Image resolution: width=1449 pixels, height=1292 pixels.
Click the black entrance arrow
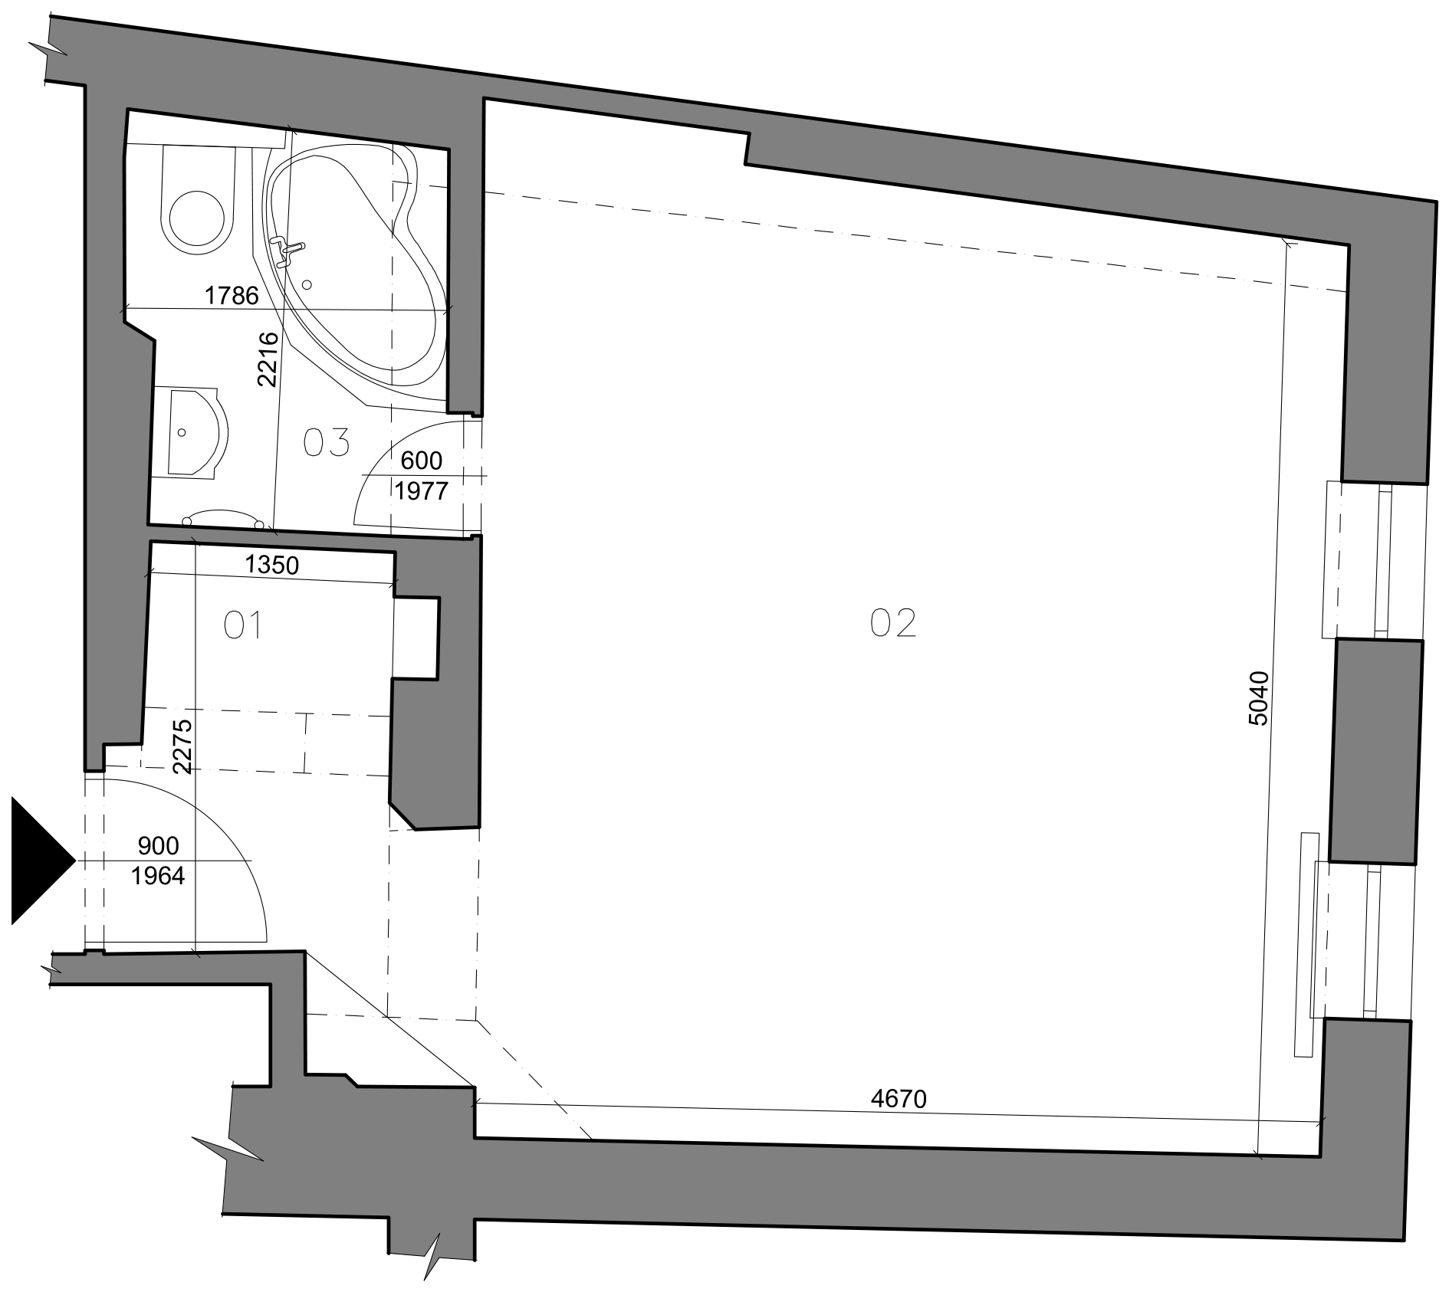coord(38,861)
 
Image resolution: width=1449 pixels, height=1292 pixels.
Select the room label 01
coord(243,625)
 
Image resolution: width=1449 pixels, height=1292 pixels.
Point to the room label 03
coord(327,443)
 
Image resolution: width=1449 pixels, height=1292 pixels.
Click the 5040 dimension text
coord(1260,697)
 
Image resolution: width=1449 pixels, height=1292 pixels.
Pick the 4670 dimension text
coord(899,1099)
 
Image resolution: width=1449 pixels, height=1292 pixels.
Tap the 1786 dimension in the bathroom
coord(232,295)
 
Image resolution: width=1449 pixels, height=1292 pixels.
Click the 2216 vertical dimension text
coord(267,359)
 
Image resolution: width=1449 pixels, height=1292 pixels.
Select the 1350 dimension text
coord(271,565)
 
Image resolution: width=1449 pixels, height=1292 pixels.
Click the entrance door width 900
coord(158,846)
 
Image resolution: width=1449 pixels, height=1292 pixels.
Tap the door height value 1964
coord(158,876)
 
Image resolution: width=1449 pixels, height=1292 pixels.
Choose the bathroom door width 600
coord(422,461)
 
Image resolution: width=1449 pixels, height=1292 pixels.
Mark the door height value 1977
coord(422,490)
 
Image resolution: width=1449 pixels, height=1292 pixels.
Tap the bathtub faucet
coord(290,250)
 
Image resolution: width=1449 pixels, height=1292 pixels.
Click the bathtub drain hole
coord(307,284)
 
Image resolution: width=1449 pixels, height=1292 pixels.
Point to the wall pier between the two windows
coord(1375,752)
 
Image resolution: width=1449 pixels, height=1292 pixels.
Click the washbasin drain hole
coord(182,433)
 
